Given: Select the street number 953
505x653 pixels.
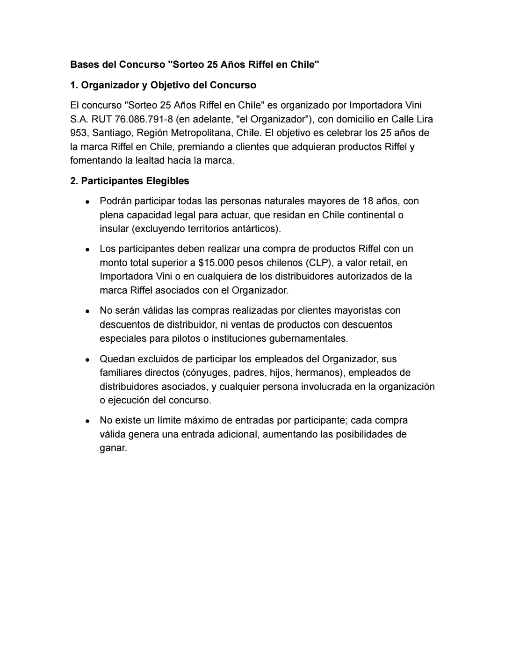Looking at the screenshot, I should click(78, 133).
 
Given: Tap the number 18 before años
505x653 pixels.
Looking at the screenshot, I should click(368, 201).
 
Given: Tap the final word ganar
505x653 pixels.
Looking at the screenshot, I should click(113, 448).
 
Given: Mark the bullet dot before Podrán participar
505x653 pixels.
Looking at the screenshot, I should click(87, 202).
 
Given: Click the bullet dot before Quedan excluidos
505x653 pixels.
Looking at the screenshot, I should click(87, 360).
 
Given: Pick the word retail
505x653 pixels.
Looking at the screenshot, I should click(381, 263).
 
